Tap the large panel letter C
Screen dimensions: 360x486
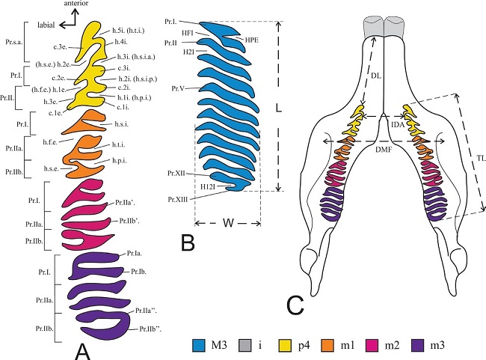tap(296, 303)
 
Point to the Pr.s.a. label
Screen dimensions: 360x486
tap(14, 44)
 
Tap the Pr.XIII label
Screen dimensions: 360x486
tap(177, 199)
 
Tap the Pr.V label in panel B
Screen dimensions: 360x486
tap(176, 89)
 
